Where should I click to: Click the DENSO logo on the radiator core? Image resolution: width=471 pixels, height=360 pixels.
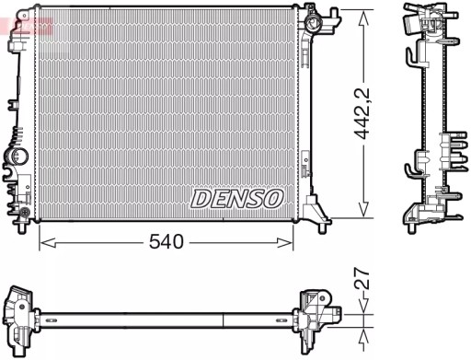click(238, 197)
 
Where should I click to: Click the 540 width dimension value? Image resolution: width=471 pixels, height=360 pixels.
click(166, 242)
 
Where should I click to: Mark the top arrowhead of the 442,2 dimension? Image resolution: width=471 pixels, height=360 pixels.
click(367, 12)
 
